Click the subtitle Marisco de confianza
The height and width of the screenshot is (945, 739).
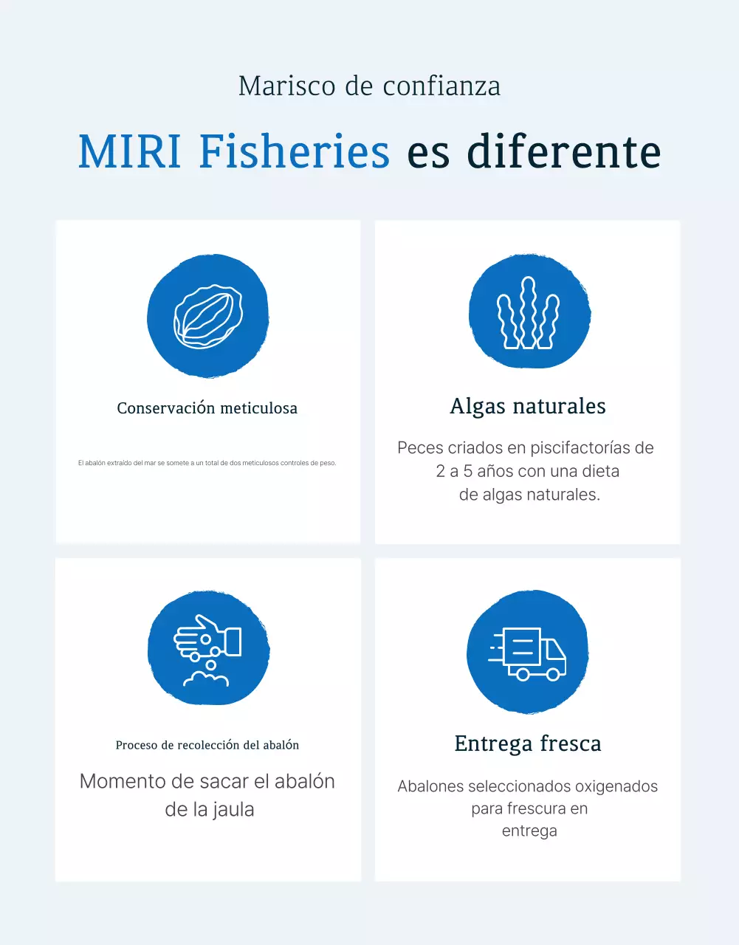tap(369, 86)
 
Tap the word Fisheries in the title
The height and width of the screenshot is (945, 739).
tap(294, 151)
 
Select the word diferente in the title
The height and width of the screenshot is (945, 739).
tap(564, 151)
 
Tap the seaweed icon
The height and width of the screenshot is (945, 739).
tap(529, 313)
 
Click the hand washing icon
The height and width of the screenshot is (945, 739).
tap(207, 649)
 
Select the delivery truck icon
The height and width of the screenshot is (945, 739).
tap(528, 653)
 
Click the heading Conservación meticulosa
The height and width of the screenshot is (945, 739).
tap(207, 408)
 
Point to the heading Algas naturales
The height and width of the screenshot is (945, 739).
tap(528, 406)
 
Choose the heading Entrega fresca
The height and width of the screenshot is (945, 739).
tap(528, 743)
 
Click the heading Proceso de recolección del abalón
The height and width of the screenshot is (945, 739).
tap(207, 745)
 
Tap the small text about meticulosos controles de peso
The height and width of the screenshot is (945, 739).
tap(207, 463)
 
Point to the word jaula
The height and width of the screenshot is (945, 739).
tap(233, 810)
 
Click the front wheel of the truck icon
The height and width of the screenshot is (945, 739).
tap(552, 674)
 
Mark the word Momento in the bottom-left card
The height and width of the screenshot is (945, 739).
tap(122, 782)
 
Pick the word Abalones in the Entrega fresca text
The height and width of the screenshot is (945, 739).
tap(430, 786)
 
